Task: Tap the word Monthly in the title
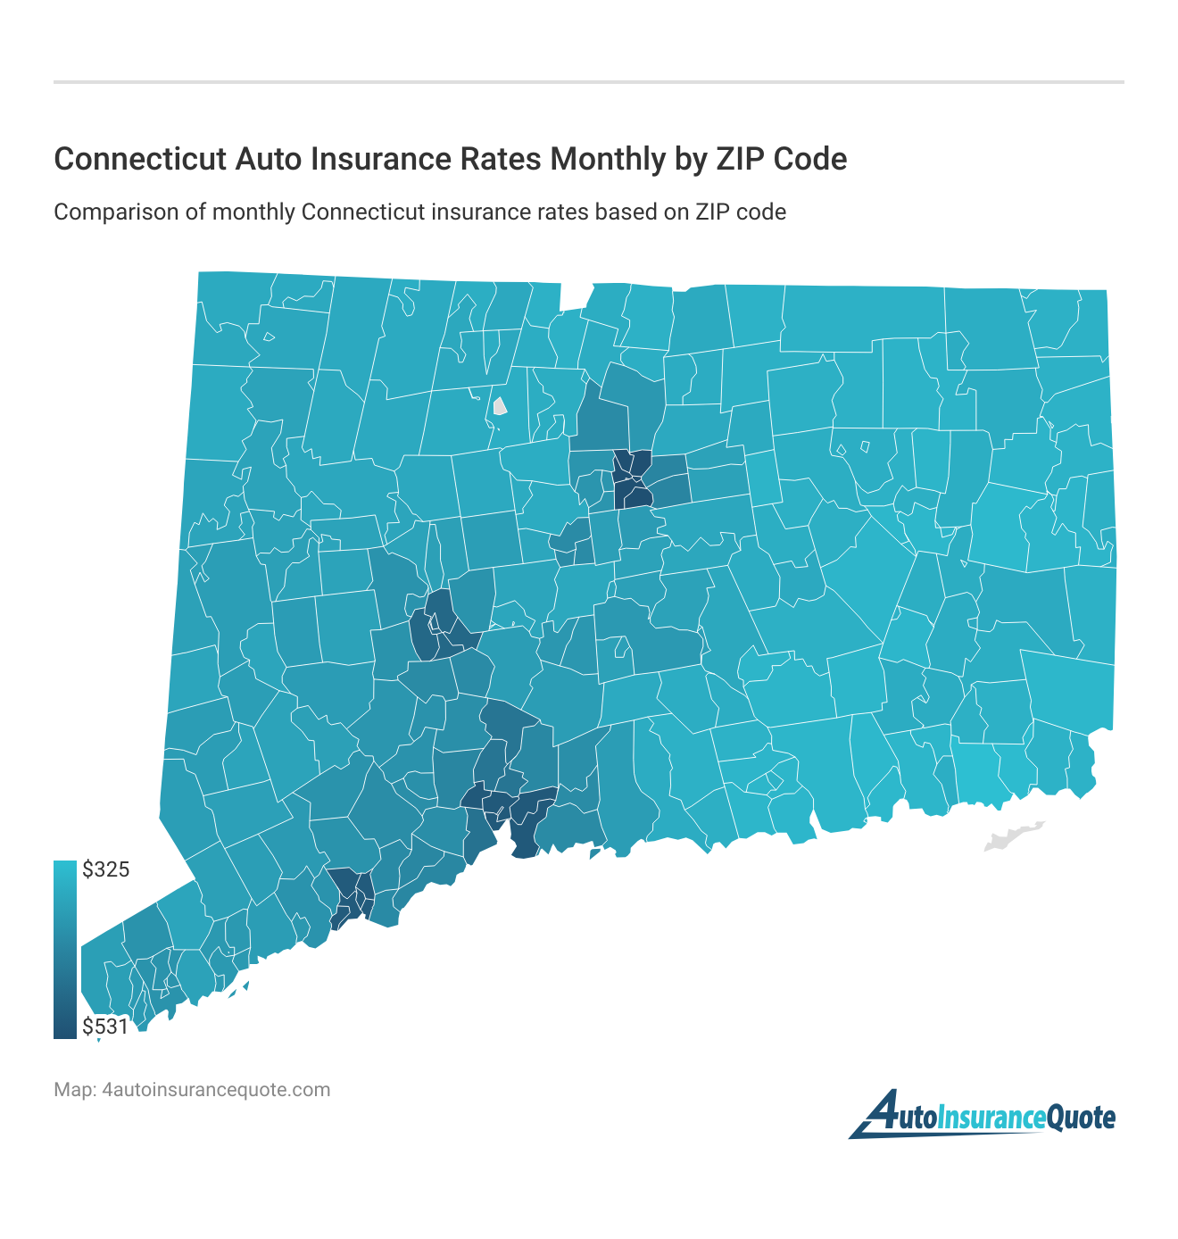[x=608, y=159]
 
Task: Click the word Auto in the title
[x=266, y=159]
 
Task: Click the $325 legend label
[x=105, y=869]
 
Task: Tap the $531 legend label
[x=105, y=1027]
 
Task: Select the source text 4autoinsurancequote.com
[x=217, y=1090]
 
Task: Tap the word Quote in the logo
[x=1079, y=1118]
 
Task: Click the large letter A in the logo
[x=879, y=1115]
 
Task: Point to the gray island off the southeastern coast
[x=1012, y=836]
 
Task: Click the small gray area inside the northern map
[x=500, y=407]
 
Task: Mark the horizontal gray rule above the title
[x=589, y=82]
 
